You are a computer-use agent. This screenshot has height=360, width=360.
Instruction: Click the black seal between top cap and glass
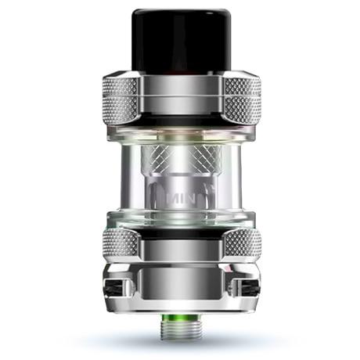click(x=180, y=121)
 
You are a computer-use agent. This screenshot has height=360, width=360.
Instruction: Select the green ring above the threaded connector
click(x=180, y=318)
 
